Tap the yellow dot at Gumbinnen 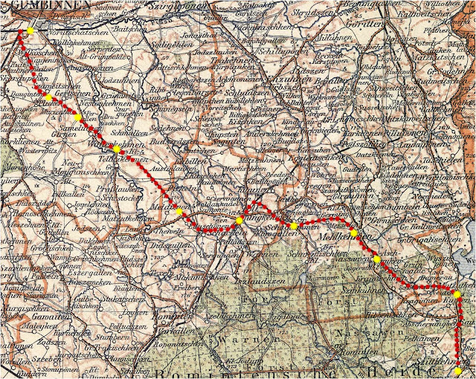coord(30,31)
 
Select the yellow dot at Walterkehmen coord(117,150)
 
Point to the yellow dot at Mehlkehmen coord(354,234)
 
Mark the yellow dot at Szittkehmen coord(457,370)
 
